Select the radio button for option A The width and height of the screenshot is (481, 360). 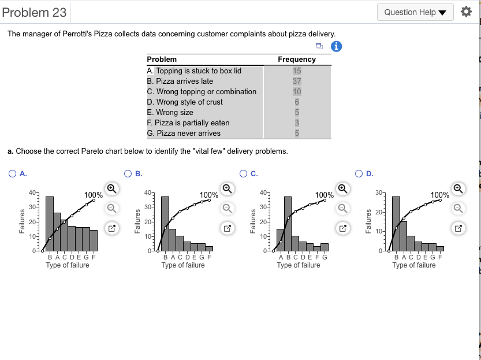coord(12,173)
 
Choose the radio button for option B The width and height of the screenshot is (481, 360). coord(128,173)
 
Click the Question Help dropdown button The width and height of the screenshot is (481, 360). coord(416,12)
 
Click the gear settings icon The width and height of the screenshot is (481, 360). coord(466,12)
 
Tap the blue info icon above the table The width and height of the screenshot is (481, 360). coord(336,48)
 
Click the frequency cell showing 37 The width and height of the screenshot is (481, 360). coord(297,81)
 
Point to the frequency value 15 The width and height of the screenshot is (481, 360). coord(297,71)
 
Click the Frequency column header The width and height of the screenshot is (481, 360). coord(297,60)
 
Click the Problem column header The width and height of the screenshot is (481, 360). coord(162,60)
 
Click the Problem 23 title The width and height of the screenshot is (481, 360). coord(34,12)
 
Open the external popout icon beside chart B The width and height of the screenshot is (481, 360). coord(228,229)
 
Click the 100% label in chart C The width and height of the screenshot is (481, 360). coord(324,195)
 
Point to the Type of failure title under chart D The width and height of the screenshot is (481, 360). coord(414,265)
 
